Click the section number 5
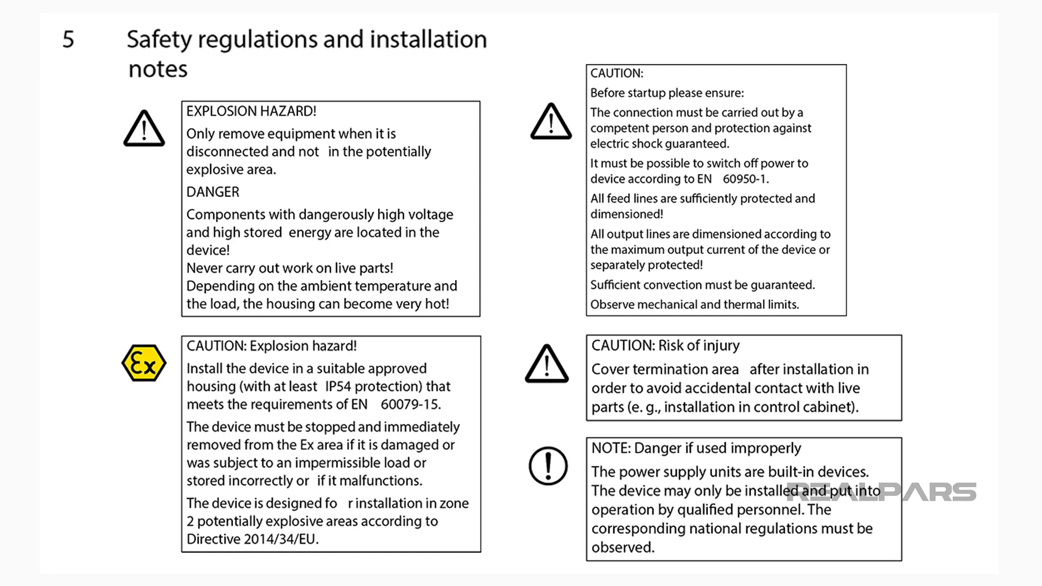pyautogui.click(x=68, y=40)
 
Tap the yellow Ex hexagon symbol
pyautogui.click(x=144, y=363)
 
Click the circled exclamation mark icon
pyautogui.click(x=548, y=466)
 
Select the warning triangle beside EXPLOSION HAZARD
pyautogui.click(x=144, y=129)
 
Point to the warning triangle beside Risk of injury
pyautogui.click(x=547, y=364)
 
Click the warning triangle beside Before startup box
pyautogui.click(x=551, y=122)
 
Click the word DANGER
pyautogui.click(x=213, y=192)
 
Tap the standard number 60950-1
pyautogui.click(x=745, y=179)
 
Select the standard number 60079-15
pyautogui.click(x=410, y=404)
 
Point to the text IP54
pyautogui.click(x=338, y=386)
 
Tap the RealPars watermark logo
pyautogui.click(x=882, y=492)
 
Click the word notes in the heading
pyautogui.click(x=158, y=69)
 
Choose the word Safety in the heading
pyautogui.click(x=160, y=40)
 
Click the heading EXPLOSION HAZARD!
pyautogui.click(x=251, y=111)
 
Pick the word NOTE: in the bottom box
pyautogui.click(x=611, y=448)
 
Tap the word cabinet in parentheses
pyautogui.click(x=834, y=407)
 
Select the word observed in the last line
pyautogui.click(x=622, y=547)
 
